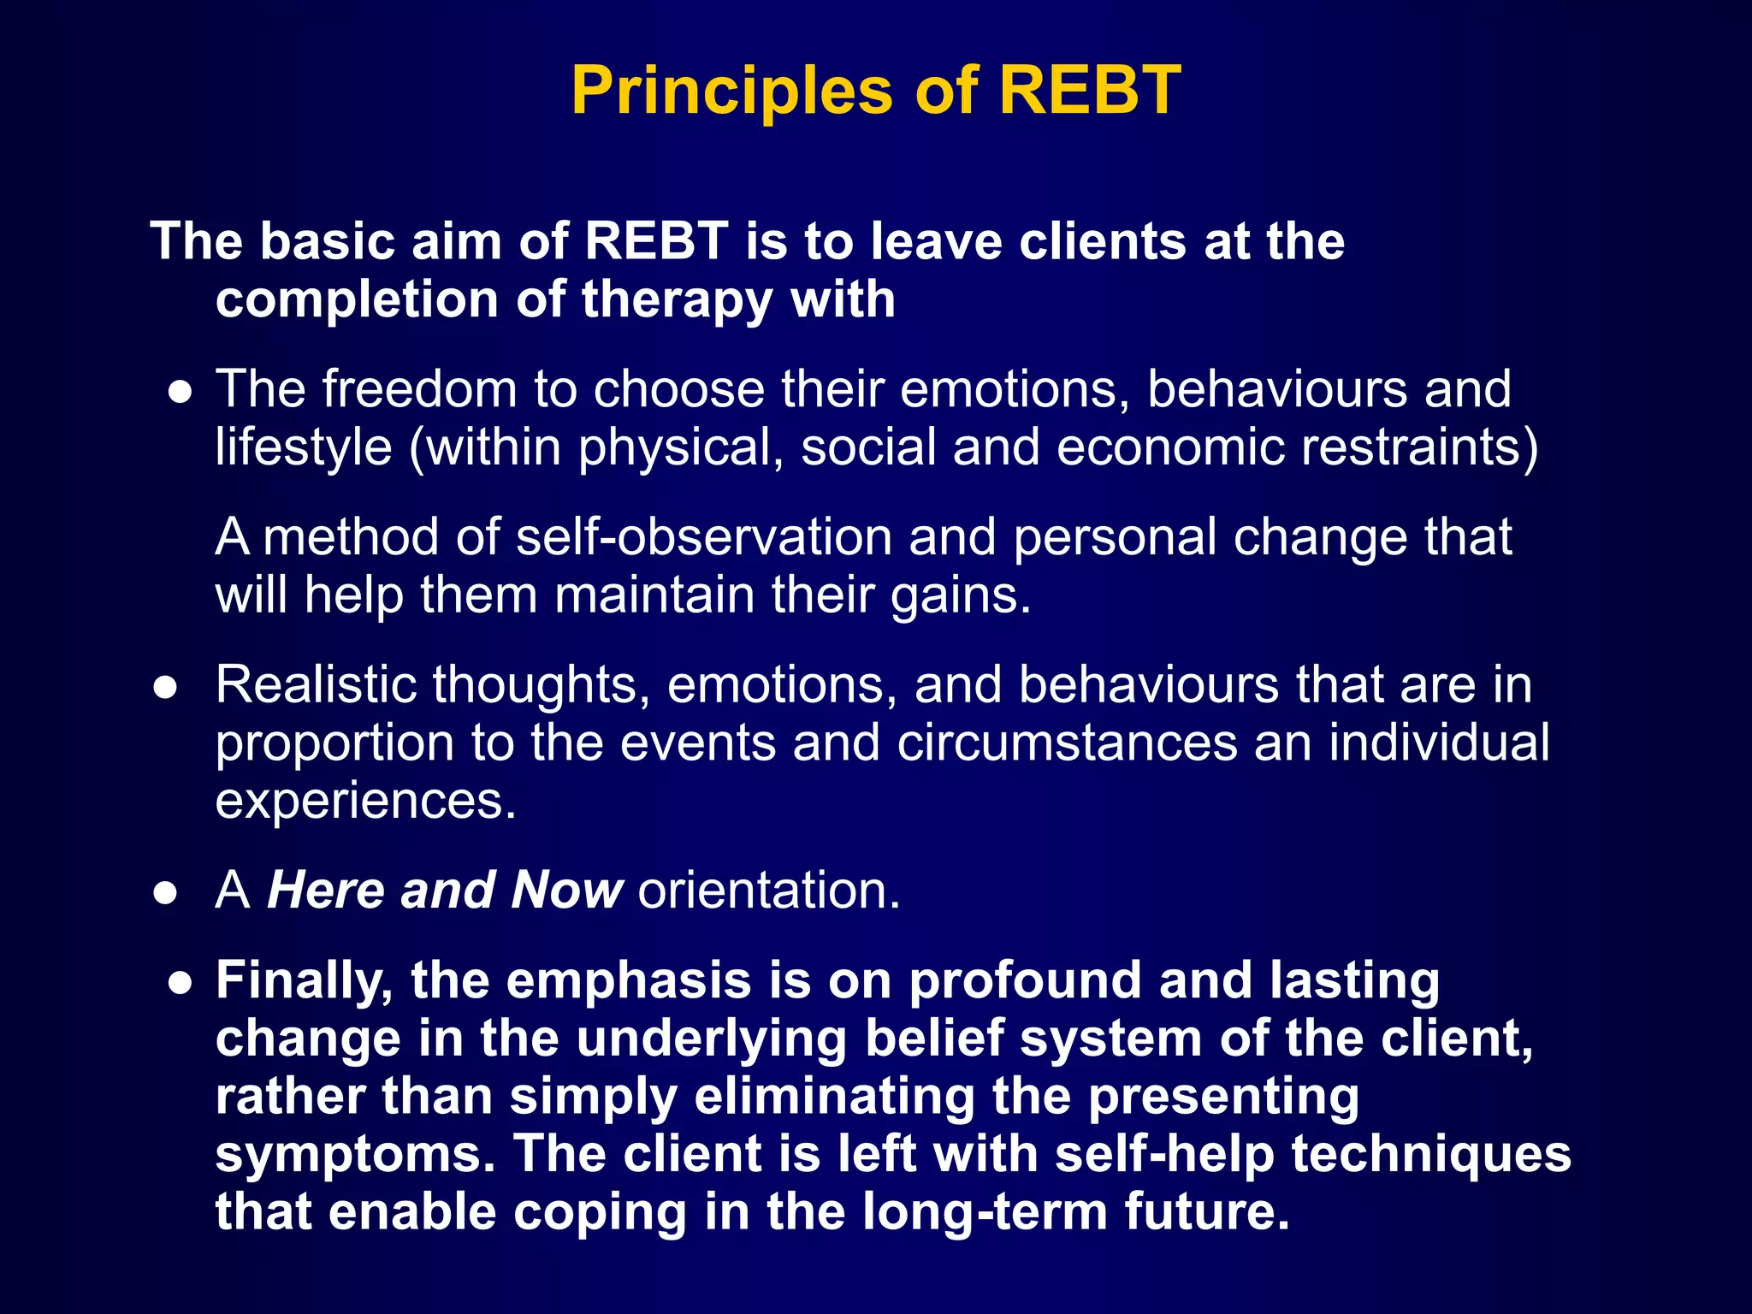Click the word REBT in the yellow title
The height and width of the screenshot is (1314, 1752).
[x=1089, y=90]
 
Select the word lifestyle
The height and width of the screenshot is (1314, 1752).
[x=303, y=448]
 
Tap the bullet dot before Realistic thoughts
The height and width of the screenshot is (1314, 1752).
[x=165, y=688]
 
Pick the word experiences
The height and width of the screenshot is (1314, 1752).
[x=365, y=802]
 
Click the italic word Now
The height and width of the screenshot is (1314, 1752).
[x=566, y=891]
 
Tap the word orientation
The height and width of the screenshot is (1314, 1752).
[x=769, y=891]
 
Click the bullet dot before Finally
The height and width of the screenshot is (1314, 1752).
[x=180, y=983]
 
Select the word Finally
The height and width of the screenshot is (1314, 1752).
[x=304, y=981]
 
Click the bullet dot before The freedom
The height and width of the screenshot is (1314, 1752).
[x=180, y=393]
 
